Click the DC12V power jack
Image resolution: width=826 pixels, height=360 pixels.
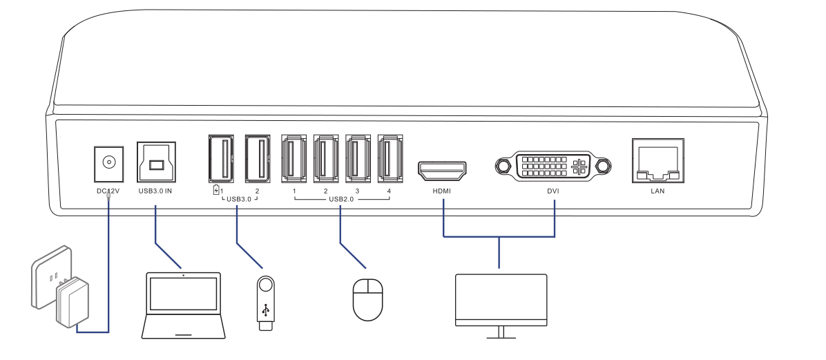pyautogui.click(x=108, y=162)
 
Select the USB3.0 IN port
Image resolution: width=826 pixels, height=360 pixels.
pyautogui.click(x=157, y=163)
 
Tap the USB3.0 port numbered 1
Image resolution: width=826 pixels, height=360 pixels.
pyautogui.click(x=220, y=158)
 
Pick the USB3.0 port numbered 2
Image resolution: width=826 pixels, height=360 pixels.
pyautogui.click(x=256, y=158)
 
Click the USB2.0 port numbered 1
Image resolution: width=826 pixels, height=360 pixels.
pyautogui.click(x=294, y=158)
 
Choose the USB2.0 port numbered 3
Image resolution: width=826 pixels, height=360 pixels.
pyautogui.click(x=358, y=158)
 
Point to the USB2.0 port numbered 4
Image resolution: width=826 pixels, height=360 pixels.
pyautogui.click(x=390, y=158)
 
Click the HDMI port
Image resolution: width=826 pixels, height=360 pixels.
pyautogui.click(x=442, y=167)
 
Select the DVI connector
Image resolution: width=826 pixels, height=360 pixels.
pyautogui.click(x=553, y=166)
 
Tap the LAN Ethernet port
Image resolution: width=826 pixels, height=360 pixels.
pyautogui.click(x=657, y=160)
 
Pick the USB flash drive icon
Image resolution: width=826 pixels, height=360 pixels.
pyautogui.click(x=266, y=303)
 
